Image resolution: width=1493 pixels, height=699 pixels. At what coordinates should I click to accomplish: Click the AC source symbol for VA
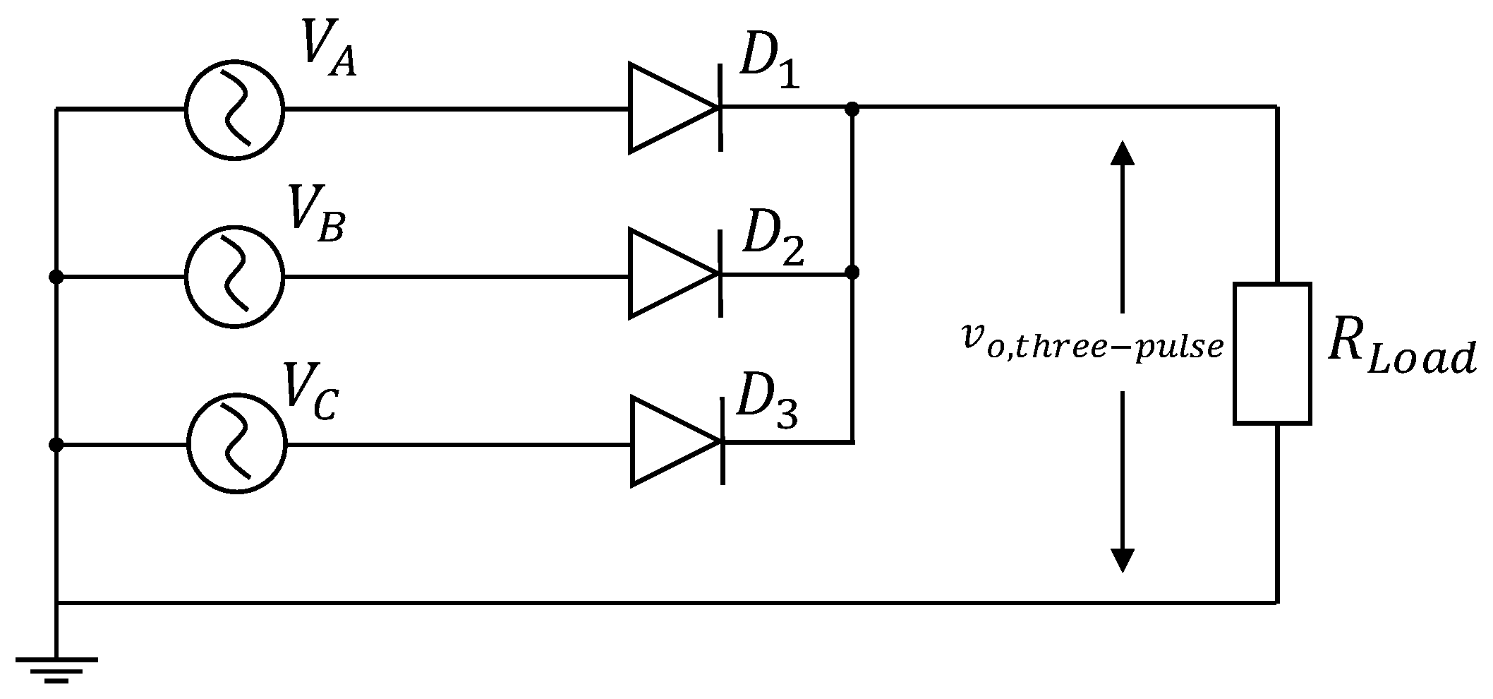click(x=234, y=108)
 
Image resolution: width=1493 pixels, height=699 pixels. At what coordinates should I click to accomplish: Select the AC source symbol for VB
click(x=234, y=275)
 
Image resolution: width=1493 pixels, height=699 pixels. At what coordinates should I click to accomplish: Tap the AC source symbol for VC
click(x=237, y=443)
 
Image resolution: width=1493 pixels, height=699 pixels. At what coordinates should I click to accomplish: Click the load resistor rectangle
click(x=1272, y=353)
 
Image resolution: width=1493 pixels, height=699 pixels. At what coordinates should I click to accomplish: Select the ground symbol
click(x=56, y=667)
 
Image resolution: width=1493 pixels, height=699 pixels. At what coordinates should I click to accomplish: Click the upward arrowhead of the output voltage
click(x=1122, y=151)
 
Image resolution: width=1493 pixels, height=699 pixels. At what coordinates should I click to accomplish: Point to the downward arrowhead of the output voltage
click(x=1122, y=560)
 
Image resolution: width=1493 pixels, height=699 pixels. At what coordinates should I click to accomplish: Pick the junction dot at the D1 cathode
click(x=852, y=108)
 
